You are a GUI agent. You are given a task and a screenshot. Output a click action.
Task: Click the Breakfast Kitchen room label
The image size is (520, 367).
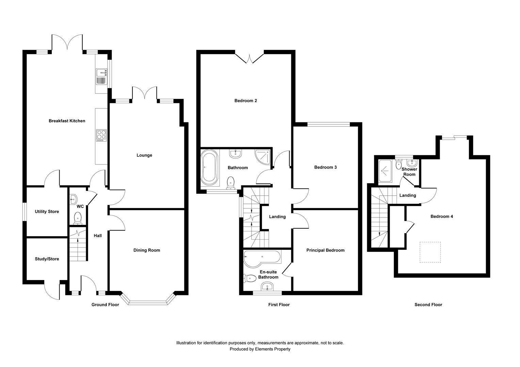pyautogui.click(x=67, y=121)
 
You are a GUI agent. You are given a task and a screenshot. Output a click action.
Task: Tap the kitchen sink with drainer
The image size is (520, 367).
pyautogui.click(x=102, y=76)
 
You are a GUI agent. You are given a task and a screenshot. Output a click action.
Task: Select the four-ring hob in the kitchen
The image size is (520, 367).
pyautogui.click(x=101, y=136)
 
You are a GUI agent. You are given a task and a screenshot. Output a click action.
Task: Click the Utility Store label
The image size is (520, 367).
pyautogui.click(x=47, y=211)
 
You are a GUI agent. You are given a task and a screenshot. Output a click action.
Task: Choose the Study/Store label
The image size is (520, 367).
pyautogui.click(x=47, y=259)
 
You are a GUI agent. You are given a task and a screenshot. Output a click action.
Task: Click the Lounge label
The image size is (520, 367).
pyautogui.click(x=144, y=155)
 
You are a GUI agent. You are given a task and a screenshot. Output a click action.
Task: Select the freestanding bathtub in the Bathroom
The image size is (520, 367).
pyautogui.click(x=210, y=168)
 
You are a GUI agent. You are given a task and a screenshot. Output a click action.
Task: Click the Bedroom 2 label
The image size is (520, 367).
pyautogui.click(x=246, y=101)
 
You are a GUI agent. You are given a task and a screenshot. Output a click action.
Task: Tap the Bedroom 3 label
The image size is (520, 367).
pyautogui.click(x=325, y=168)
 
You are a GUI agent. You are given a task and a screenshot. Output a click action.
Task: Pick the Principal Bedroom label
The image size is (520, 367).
pyautogui.click(x=325, y=250)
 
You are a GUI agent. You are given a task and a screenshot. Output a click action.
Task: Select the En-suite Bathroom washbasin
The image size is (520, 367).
pyautogui.click(x=267, y=286)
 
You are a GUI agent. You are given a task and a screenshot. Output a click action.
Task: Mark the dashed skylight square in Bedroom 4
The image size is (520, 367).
pyautogui.click(x=430, y=252)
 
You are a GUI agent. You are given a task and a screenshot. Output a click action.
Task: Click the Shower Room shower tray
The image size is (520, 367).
pyautogui.click(x=385, y=171)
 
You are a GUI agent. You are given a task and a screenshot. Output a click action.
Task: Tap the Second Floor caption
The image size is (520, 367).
pyautogui.click(x=428, y=304)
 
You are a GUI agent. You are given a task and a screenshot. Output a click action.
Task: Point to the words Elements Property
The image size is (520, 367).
pyautogui.click(x=273, y=349)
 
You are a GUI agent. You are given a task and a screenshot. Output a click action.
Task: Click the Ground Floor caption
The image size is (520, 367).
pyautogui.click(x=105, y=304)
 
